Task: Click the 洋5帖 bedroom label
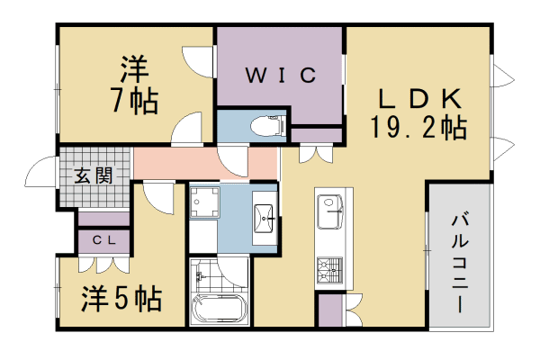123,297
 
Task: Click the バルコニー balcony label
459,261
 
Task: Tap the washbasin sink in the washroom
266,217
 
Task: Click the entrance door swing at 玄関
41,172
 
